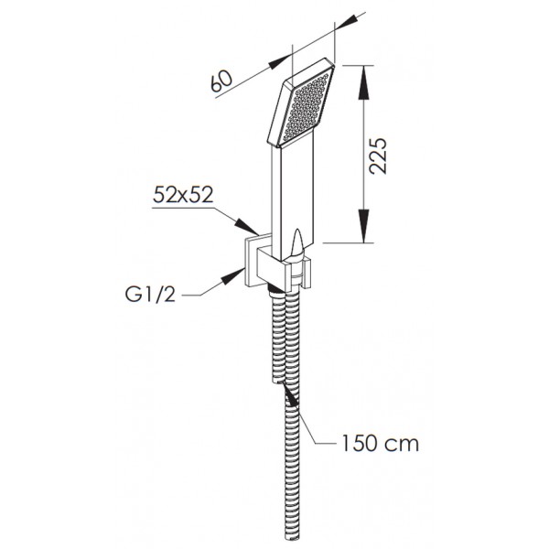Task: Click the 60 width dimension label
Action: coord(221,81)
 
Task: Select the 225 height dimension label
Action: coord(379,156)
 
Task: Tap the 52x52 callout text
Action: coord(183,194)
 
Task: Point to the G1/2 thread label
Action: coord(150,294)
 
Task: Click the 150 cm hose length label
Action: coord(380,443)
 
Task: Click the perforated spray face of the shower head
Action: coord(307,106)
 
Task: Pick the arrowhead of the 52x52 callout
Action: coord(247,226)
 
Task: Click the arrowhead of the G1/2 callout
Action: coord(232,275)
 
